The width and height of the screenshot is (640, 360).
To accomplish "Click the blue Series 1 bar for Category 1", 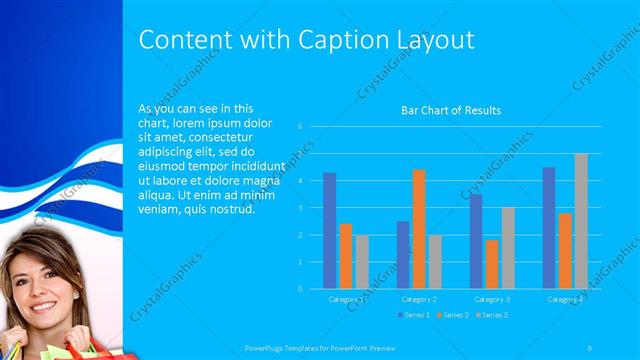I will coord(329,231).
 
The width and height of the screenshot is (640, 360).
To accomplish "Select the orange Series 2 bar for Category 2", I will coord(418,229).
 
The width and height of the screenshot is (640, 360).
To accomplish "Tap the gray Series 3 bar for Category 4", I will coord(580,221).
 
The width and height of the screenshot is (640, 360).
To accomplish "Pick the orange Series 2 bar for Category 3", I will coord(491,264).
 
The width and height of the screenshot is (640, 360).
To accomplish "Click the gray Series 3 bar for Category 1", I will coord(362,262).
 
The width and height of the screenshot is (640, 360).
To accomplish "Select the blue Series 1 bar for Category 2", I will coord(402,255).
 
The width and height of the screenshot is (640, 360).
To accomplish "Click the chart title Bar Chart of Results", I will coord(451,110).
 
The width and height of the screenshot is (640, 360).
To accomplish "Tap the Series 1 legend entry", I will coord(415,316).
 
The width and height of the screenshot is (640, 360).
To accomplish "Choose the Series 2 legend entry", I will coord(451,316).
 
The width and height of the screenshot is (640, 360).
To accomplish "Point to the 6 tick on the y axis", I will coord(300,127).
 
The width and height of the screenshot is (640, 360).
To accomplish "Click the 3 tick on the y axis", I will coord(300,208).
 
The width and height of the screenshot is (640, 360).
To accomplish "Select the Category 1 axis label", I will coord(346,299).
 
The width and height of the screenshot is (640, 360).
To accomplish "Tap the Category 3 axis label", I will coord(491,299).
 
